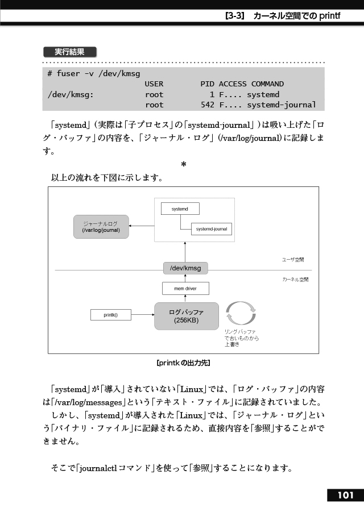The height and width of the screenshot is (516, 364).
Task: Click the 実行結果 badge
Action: [x=70, y=52]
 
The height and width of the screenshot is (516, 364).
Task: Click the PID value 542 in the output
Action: [x=208, y=105]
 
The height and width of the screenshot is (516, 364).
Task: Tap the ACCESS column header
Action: [x=233, y=84]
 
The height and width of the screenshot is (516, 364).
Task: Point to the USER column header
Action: [x=154, y=84]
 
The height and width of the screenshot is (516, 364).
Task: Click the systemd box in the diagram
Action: [x=180, y=209]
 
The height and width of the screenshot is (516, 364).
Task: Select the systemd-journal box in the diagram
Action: [x=212, y=229]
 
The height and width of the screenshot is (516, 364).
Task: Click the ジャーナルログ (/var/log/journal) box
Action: [x=101, y=227]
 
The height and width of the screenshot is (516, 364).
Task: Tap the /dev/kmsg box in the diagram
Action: [x=185, y=268]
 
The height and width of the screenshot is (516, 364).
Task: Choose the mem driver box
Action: [x=185, y=289]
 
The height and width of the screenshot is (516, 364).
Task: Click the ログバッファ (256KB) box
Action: [x=187, y=316]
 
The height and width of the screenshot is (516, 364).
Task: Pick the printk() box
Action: [x=111, y=315]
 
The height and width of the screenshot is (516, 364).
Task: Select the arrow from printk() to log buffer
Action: [x=143, y=315]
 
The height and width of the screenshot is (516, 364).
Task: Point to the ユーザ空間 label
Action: [x=293, y=260]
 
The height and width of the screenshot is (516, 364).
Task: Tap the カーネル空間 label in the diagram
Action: [x=296, y=280]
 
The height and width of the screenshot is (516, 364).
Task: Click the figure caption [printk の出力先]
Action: [x=183, y=363]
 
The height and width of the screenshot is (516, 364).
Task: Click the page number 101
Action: [x=346, y=496]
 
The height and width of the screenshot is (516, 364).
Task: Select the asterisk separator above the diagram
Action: [x=184, y=164]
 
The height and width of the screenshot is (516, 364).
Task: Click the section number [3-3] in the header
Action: [x=235, y=16]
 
